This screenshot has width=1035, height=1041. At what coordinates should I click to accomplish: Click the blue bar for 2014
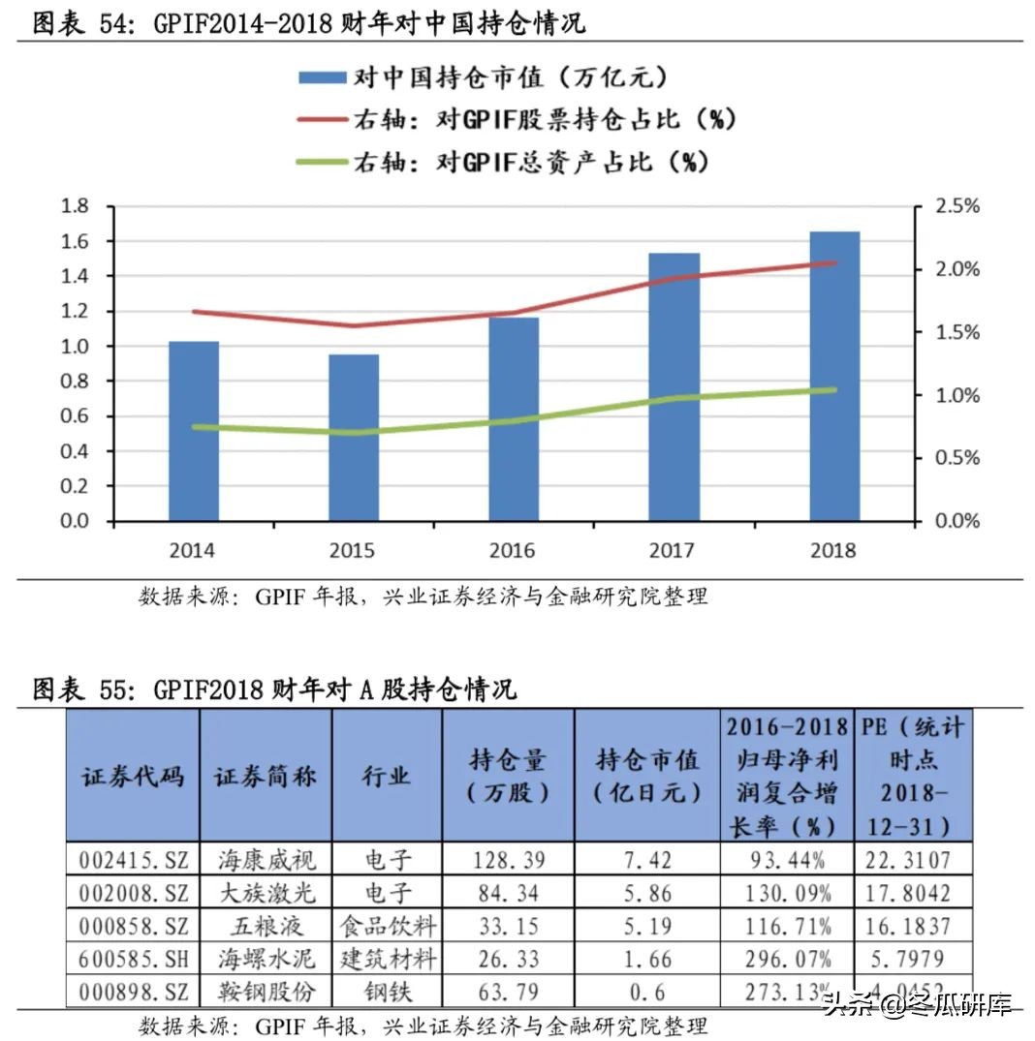[x=194, y=431]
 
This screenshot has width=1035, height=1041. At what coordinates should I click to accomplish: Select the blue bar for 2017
[x=674, y=387]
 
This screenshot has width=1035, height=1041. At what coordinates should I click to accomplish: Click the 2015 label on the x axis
[x=353, y=551]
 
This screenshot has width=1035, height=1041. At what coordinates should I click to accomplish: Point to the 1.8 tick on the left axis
[x=75, y=206]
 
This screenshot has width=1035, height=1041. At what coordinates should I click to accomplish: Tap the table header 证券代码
[x=133, y=776]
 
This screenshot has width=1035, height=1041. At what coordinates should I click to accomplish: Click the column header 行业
[x=387, y=776]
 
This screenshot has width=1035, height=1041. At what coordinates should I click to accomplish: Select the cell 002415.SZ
[x=133, y=859]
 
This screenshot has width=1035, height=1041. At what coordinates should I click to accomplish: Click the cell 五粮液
[x=266, y=926]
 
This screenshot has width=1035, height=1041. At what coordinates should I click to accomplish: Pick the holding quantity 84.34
[x=508, y=892]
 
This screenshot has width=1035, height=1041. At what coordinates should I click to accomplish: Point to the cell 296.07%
[x=787, y=959]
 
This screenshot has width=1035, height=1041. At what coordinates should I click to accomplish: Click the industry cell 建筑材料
[x=387, y=959]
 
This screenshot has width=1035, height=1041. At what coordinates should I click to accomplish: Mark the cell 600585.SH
[x=133, y=959]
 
